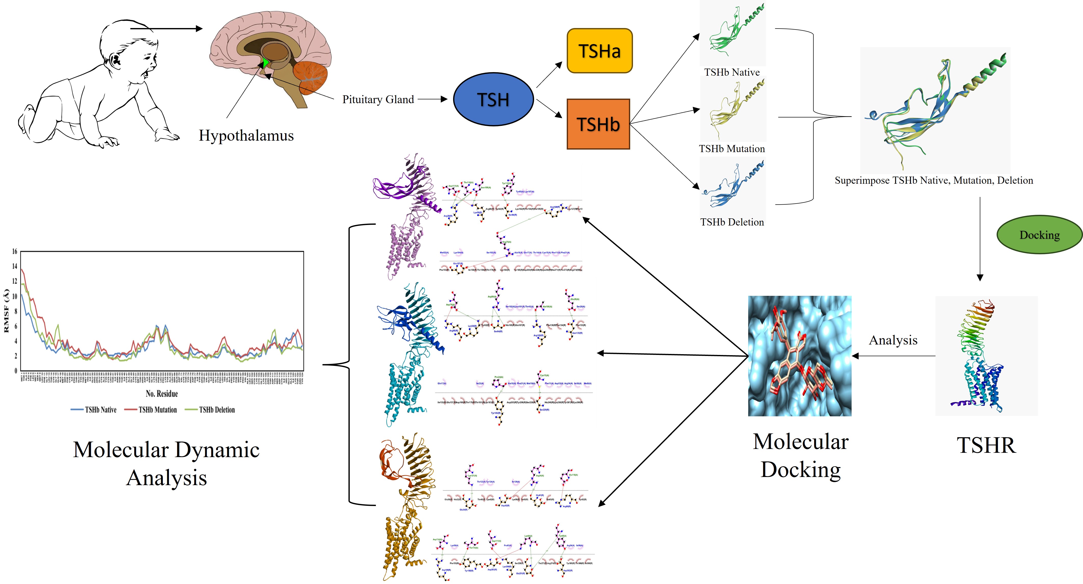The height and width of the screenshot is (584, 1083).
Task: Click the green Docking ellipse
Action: pos(1039,235)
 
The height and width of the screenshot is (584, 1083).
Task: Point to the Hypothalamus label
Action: pos(246,135)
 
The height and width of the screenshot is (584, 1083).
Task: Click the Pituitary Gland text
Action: pos(378,100)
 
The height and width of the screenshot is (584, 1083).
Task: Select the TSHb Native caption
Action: pos(732,72)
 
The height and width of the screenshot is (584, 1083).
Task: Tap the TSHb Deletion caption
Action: pos(732,222)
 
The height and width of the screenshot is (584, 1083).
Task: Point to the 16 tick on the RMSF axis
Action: pos(15,251)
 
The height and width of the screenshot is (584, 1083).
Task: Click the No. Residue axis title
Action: pos(162,394)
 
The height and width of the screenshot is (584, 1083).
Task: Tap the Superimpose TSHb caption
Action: pos(933,180)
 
